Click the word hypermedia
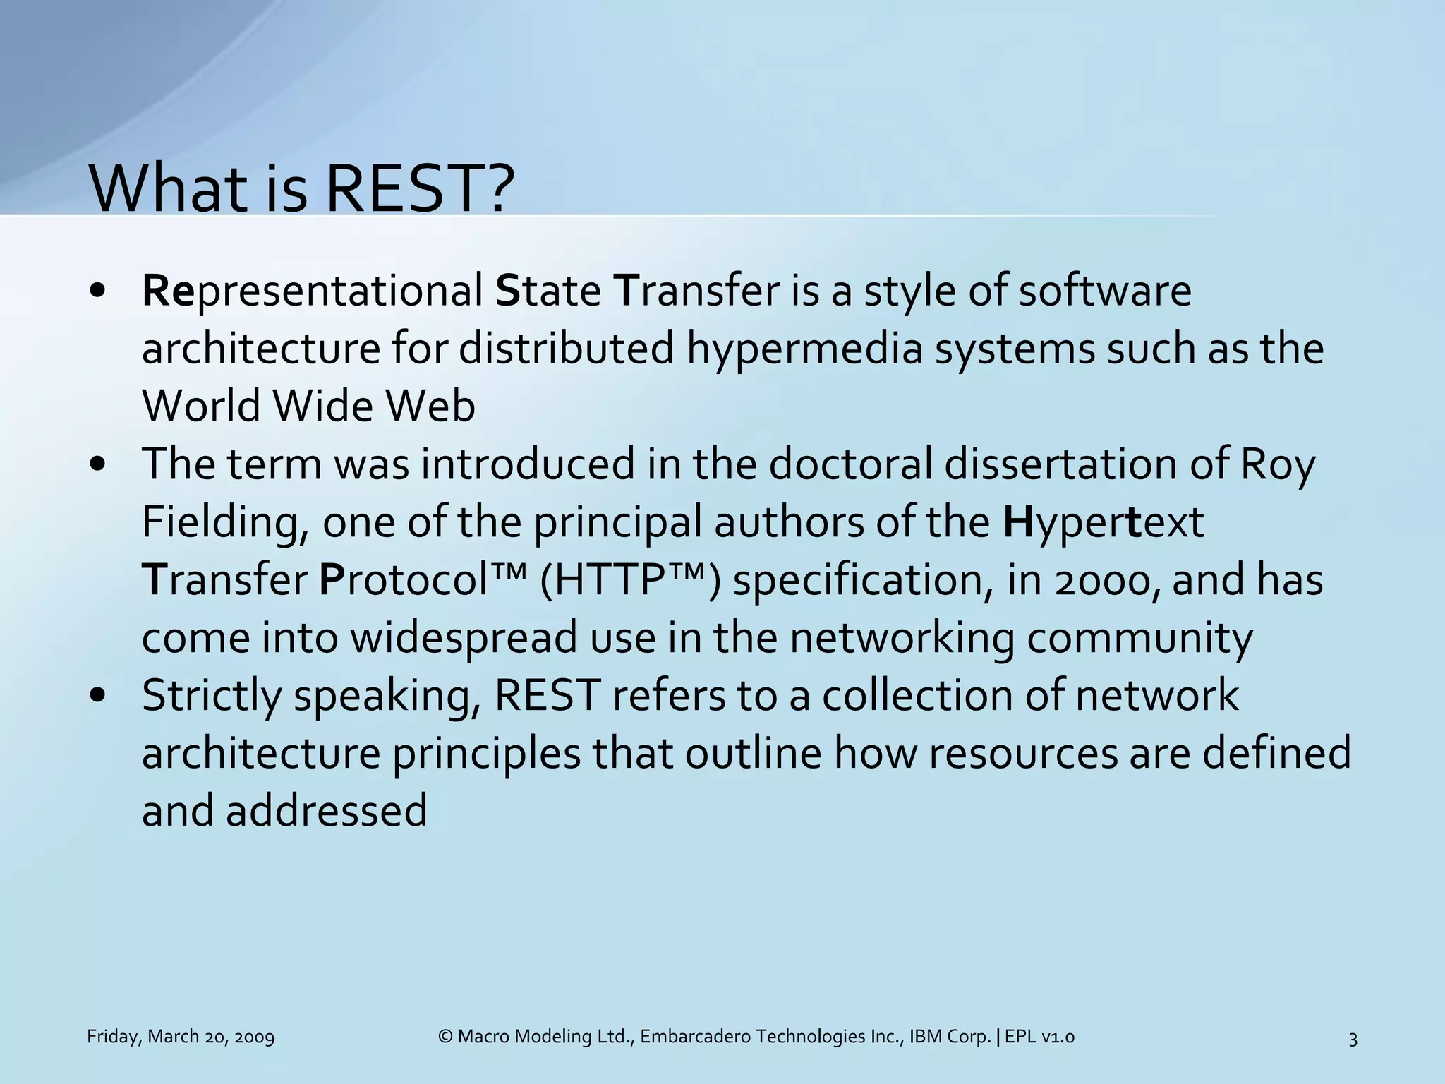(x=804, y=349)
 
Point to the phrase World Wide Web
(x=308, y=406)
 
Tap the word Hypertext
(x=1103, y=524)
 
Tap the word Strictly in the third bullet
(x=212, y=696)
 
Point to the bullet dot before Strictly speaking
(x=98, y=696)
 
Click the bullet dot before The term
(x=98, y=465)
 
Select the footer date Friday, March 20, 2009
(x=181, y=1037)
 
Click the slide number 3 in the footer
(x=1353, y=1039)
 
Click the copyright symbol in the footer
(x=445, y=1037)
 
